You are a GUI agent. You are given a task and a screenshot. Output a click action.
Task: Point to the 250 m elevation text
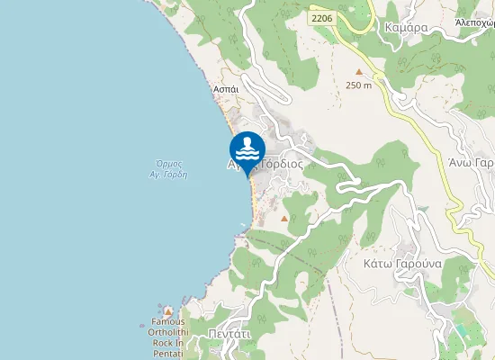tap(358, 85)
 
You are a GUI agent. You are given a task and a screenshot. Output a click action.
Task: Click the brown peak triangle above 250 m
tap(359, 72)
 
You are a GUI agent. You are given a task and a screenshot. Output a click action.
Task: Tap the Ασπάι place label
tap(224, 91)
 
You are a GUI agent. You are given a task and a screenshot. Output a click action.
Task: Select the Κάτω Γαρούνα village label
tap(401, 265)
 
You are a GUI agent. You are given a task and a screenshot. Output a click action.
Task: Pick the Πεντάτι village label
tap(233, 332)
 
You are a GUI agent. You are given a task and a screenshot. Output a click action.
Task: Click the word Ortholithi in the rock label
tap(168, 332)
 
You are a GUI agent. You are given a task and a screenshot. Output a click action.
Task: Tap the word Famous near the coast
tap(168, 321)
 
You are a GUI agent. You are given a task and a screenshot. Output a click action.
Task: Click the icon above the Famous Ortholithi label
tap(168, 310)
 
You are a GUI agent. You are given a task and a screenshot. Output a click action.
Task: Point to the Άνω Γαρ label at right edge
tap(472, 163)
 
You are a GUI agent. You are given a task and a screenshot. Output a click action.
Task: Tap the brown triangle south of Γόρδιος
tap(284, 219)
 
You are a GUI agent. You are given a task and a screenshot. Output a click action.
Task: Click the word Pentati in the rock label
tap(168, 354)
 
